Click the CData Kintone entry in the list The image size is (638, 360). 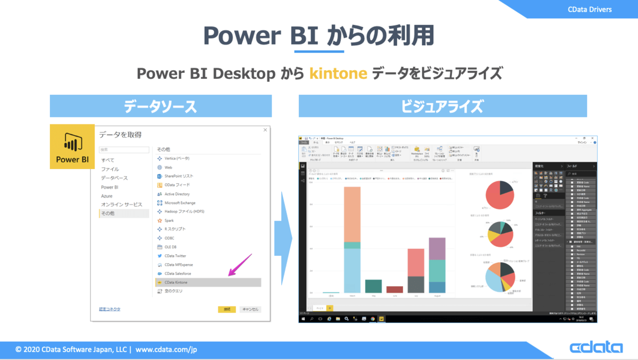[x=175, y=282]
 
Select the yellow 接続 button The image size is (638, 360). [x=226, y=309]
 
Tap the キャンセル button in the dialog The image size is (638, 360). [x=250, y=309]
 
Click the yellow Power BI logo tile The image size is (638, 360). [x=72, y=147]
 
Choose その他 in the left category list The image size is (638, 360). [x=108, y=213]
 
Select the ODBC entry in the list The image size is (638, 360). [x=169, y=238]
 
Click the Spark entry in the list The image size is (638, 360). [x=169, y=220]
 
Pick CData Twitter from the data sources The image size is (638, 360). [x=175, y=256]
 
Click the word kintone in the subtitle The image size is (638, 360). [x=338, y=73]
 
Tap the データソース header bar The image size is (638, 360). [x=161, y=106]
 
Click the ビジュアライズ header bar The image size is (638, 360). [x=442, y=106]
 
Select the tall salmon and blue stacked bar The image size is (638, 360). [x=352, y=239]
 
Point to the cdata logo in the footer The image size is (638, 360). [x=596, y=348]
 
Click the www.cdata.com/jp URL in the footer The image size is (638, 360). [x=166, y=350]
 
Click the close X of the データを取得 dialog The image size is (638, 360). [x=265, y=130]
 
